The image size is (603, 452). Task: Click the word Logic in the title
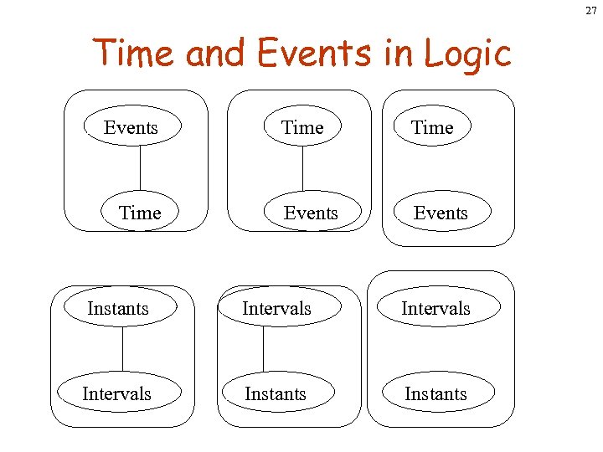pyautogui.click(x=467, y=54)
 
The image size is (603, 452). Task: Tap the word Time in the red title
pyautogui.click(x=135, y=54)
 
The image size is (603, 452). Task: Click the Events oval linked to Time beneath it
pyautogui.click(x=131, y=127)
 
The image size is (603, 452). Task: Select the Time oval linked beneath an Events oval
pyautogui.click(x=140, y=213)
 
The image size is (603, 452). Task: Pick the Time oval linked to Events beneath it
pyautogui.click(x=302, y=127)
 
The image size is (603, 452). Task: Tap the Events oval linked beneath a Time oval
pyautogui.click(x=311, y=213)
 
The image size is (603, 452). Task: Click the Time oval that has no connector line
pyautogui.click(x=432, y=127)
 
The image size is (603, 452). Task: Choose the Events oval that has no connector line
pyautogui.click(x=441, y=213)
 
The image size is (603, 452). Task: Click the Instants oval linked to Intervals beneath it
pyautogui.click(x=118, y=308)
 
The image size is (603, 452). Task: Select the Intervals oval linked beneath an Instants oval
pyautogui.click(x=117, y=393)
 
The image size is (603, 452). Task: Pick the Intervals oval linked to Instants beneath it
pyautogui.click(x=276, y=308)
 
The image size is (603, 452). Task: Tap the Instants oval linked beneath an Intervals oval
pyautogui.click(x=276, y=393)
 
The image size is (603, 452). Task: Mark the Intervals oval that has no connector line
pyautogui.click(x=435, y=308)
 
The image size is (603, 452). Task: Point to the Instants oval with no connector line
pyautogui.click(x=435, y=393)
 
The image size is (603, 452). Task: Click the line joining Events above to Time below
pyautogui.click(x=140, y=170)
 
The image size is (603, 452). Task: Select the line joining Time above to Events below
pyautogui.click(x=302, y=170)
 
